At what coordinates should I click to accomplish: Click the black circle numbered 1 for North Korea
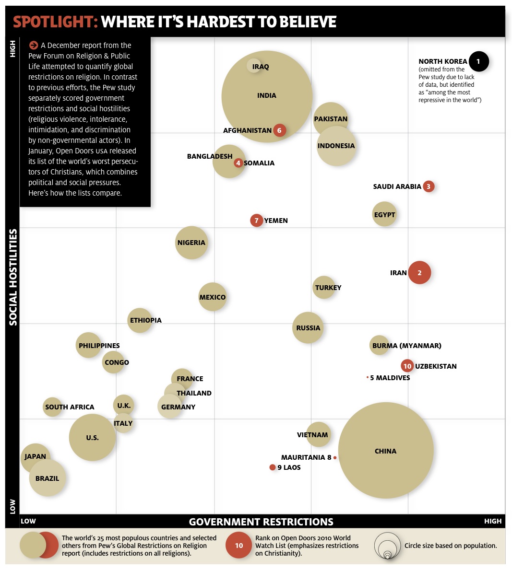(x=478, y=61)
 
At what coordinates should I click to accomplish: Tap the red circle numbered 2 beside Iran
(x=419, y=273)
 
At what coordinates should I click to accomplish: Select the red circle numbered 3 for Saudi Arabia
(x=429, y=186)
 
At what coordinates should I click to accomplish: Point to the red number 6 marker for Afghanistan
(x=279, y=130)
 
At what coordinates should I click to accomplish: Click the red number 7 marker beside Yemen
(x=257, y=221)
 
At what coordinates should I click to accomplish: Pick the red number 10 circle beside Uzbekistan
(x=407, y=366)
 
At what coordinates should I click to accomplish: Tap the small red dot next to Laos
(x=273, y=467)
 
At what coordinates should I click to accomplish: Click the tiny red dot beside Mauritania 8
(x=335, y=458)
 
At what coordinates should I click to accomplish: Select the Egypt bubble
(x=384, y=214)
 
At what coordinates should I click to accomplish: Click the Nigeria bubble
(x=191, y=243)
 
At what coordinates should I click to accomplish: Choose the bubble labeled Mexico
(x=212, y=297)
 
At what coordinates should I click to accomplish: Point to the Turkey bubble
(x=324, y=287)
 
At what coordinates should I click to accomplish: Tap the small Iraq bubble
(x=255, y=66)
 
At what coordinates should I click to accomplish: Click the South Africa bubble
(x=52, y=407)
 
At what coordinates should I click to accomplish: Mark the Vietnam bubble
(x=318, y=435)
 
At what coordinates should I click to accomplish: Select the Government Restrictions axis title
(x=261, y=522)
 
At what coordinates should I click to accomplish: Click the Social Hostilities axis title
(x=13, y=277)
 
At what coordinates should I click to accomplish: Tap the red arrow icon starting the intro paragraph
(x=34, y=45)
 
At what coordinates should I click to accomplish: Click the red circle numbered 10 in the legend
(x=239, y=546)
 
